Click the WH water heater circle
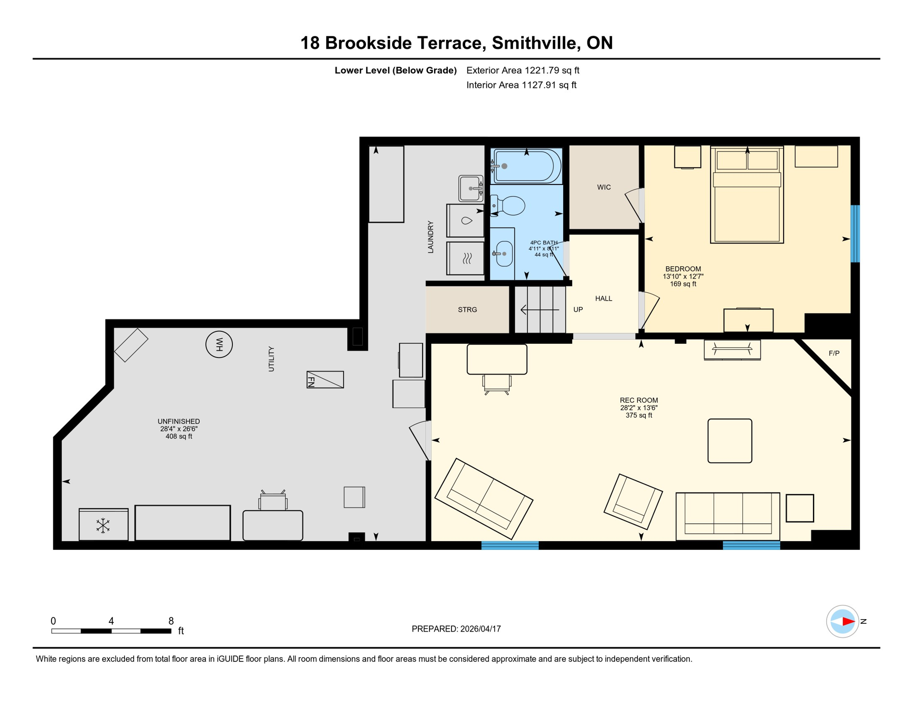(x=219, y=344)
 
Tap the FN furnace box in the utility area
(x=325, y=380)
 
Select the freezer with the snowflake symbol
(x=103, y=525)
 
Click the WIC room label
(x=603, y=187)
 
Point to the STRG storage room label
(x=467, y=310)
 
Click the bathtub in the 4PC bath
(x=527, y=166)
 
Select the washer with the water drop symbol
(x=466, y=221)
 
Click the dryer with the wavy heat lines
(x=466, y=258)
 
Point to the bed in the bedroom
(x=747, y=195)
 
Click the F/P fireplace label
(x=834, y=353)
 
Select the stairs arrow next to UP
(x=540, y=310)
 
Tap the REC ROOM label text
(x=639, y=400)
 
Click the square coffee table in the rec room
(x=729, y=441)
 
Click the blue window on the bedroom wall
(x=855, y=234)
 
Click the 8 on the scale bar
(x=171, y=621)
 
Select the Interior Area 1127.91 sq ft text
(x=521, y=85)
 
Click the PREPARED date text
(x=456, y=629)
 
